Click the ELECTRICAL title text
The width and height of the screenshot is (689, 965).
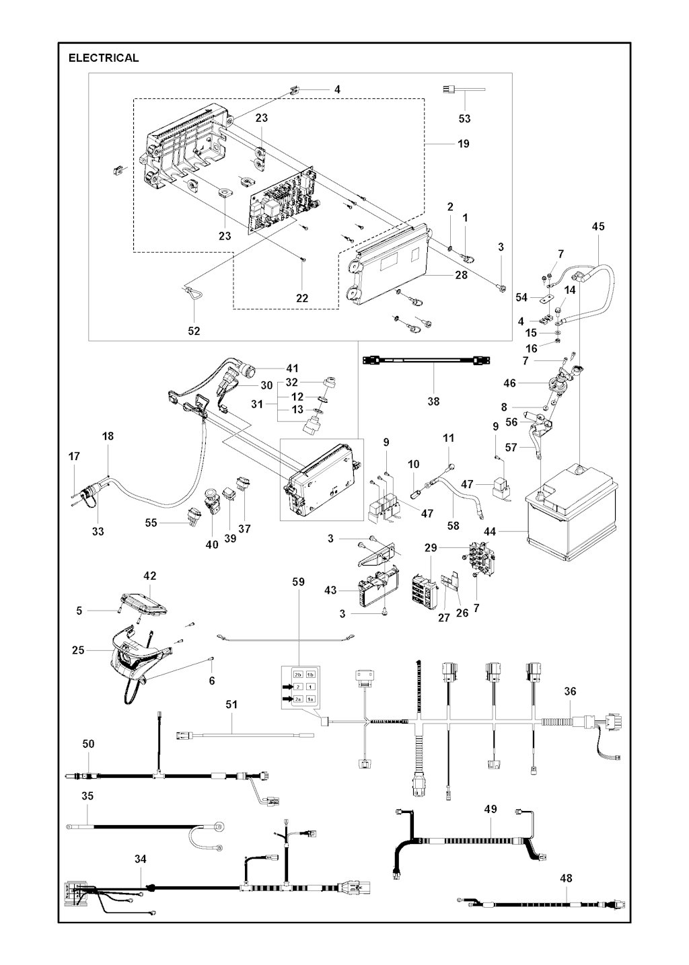(x=104, y=58)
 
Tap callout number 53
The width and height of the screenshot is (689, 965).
(x=464, y=118)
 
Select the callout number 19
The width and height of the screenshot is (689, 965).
(x=463, y=143)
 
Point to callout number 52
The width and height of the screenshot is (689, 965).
(x=194, y=331)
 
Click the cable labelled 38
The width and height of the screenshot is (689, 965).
(x=426, y=361)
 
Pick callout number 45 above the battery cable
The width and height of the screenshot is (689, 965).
(x=598, y=227)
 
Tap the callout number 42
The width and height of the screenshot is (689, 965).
(x=149, y=576)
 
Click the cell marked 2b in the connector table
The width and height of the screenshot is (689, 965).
(x=297, y=674)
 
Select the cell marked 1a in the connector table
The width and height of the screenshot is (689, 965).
(x=310, y=699)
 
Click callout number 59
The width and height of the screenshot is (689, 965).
(x=298, y=582)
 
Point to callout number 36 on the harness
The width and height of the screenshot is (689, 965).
(x=570, y=691)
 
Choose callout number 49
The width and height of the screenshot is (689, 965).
(x=491, y=809)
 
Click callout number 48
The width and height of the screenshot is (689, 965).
(x=566, y=878)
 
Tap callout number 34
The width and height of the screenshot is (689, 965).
(x=140, y=859)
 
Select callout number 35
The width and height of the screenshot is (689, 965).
(x=87, y=796)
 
